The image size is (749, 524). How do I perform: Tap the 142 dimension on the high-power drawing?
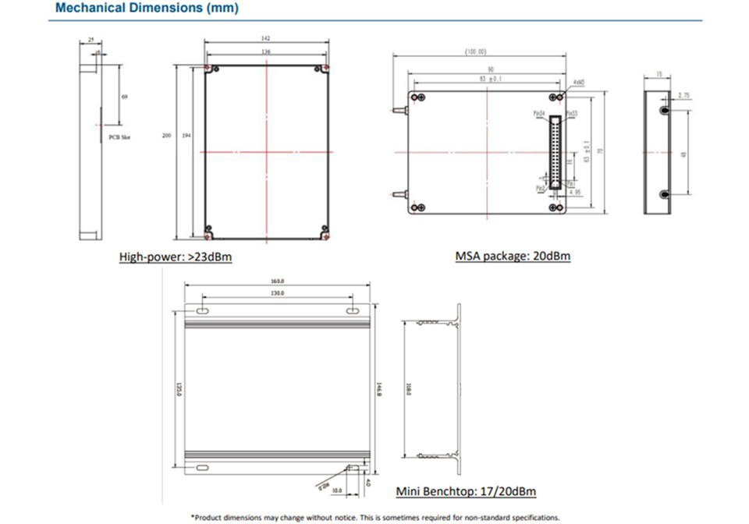pos(267,39)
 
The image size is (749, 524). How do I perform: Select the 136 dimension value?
pos(267,53)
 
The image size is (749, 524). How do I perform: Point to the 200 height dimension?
pos(166,135)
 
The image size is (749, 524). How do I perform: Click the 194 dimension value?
pos(186,135)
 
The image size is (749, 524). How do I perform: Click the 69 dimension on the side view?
pos(125,97)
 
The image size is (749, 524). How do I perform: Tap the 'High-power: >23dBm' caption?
pos(176,256)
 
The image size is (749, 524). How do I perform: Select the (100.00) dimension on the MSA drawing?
pos(476,51)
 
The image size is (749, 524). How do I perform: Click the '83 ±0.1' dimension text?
pos(491,79)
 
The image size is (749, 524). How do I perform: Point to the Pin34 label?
pos(539,112)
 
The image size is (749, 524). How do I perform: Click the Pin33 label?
pos(572,112)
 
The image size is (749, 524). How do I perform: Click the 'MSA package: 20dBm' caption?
pos(513,256)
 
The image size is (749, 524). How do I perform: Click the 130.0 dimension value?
pos(278,292)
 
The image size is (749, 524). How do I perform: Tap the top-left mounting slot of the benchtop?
pos(201,311)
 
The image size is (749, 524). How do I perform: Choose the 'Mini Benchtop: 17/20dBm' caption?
pos(466,491)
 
